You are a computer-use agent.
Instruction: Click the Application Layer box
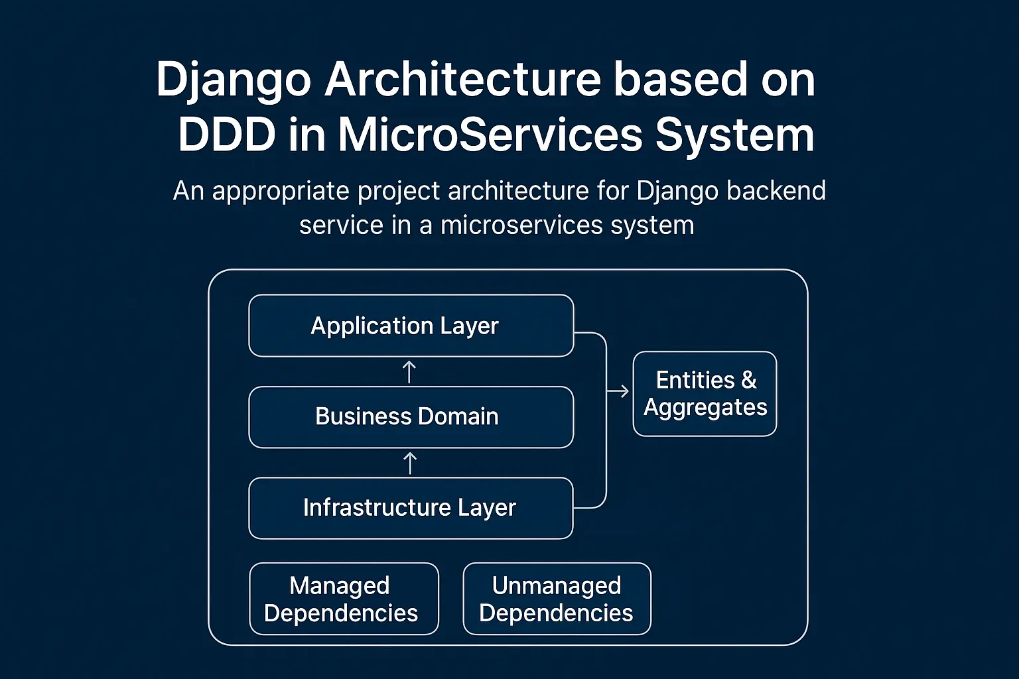pyautogui.click(x=411, y=326)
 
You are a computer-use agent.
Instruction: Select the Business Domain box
pyautogui.click(x=411, y=417)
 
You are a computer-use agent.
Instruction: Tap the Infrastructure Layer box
pyautogui.click(x=411, y=508)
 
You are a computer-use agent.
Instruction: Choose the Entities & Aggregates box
pyautogui.click(x=705, y=394)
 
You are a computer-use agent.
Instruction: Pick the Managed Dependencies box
pyautogui.click(x=344, y=599)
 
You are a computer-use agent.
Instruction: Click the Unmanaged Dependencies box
pyautogui.click(x=557, y=599)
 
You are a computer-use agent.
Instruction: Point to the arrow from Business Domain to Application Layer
pyautogui.click(x=409, y=372)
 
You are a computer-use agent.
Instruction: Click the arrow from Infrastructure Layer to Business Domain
pyautogui.click(x=410, y=463)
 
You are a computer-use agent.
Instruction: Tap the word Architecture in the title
pyautogui.click(x=462, y=80)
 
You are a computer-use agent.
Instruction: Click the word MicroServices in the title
pyautogui.click(x=490, y=135)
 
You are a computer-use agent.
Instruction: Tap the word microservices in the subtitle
pyautogui.click(x=521, y=225)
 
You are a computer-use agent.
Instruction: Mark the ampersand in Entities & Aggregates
pyautogui.click(x=749, y=380)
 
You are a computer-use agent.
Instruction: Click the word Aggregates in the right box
pyautogui.click(x=705, y=407)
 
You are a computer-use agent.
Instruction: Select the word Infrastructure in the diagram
pyautogui.click(x=377, y=507)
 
